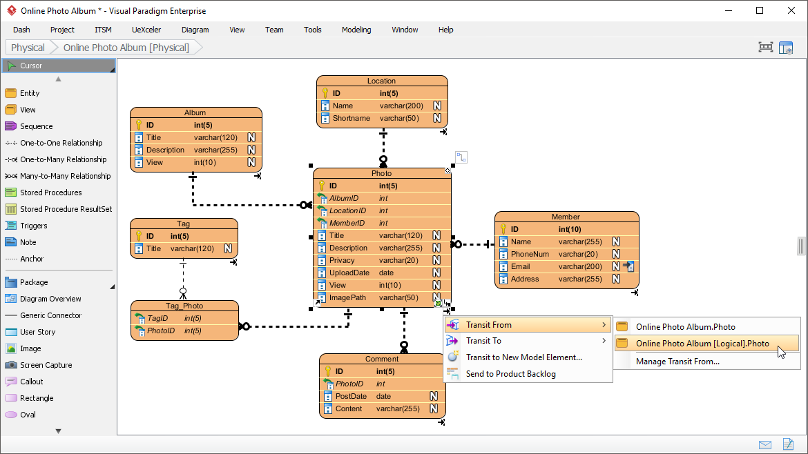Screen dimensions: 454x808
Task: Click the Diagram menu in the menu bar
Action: (x=195, y=30)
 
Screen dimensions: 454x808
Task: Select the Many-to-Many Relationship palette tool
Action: (x=65, y=176)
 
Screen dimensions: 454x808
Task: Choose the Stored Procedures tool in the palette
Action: (x=50, y=193)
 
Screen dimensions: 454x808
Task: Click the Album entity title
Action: (x=195, y=112)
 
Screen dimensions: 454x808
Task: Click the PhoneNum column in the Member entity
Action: (x=530, y=254)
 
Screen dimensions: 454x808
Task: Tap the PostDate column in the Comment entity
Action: (x=351, y=396)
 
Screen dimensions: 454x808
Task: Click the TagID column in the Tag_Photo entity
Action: (x=157, y=318)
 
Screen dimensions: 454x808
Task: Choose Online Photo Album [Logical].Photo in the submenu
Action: (x=702, y=343)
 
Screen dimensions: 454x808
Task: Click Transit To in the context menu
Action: (x=483, y=341)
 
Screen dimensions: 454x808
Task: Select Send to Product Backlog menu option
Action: (x=510, y=374)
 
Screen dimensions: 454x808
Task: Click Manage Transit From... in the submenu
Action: (x=677, y=362)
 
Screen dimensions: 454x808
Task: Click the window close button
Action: (x=791, y=10)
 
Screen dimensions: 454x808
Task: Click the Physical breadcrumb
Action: (x=28, y=48)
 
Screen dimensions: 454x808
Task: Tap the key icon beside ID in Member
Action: (x=503, y=229)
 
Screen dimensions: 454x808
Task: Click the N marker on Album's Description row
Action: (x=251, y=150)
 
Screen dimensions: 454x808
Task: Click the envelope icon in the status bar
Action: (x=765, y=444)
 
